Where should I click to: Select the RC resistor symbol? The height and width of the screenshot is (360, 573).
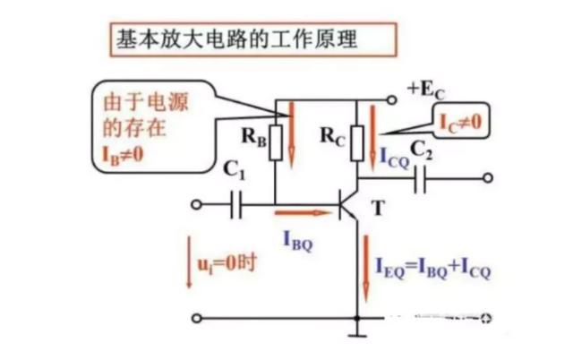[358, 140]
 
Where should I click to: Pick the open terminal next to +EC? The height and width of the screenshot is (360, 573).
[390, 98]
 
